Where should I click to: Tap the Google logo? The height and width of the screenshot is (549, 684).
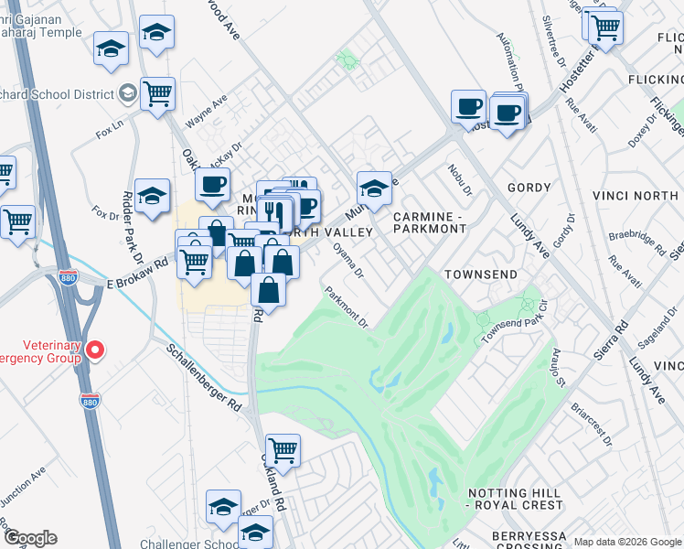(x=30, y=538)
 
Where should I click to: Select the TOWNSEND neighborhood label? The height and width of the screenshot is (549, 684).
(x=481, y=274)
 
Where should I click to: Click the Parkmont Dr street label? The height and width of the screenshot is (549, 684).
(x=347, y=307)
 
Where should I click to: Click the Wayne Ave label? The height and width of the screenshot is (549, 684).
(x=207, y=114)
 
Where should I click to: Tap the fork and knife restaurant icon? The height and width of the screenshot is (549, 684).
(x=274, y=212)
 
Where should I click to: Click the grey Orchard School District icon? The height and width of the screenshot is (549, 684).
(x=127, y=93)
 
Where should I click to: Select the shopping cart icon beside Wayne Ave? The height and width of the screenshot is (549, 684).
(x=157, y=93)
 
